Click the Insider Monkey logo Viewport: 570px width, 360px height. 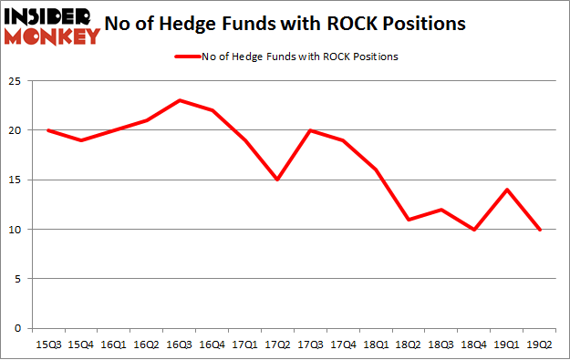tap(52, 26)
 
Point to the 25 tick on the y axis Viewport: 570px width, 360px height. tap(15, 81)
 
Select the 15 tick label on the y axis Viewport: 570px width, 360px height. tap(15, 180)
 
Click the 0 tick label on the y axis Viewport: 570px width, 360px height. tap(17, 328)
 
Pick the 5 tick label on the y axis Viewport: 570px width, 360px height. tap(17, 279)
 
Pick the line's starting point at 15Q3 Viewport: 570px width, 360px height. tap(47, 130)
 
